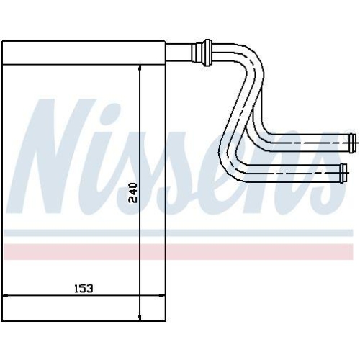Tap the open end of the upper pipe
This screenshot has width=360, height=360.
351,138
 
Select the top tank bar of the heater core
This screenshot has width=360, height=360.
85,51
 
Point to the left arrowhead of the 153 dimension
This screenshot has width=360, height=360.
7,296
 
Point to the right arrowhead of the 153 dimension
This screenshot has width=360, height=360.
162,296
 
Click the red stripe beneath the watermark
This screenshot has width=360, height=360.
180,252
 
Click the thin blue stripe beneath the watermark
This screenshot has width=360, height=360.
180,234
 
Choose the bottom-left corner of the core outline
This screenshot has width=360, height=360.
4,320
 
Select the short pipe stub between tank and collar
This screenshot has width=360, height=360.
178,51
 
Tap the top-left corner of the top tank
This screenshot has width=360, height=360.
4,41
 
